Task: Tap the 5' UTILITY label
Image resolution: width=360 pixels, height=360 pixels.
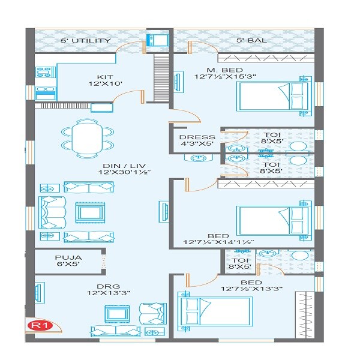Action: tap(85, 41)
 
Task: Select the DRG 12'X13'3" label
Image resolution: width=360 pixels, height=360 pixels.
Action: tap(100, 289)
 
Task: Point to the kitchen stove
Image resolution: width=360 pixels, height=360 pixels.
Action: tap(46, 93)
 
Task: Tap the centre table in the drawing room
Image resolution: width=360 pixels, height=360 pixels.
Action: tap(116, 314)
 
